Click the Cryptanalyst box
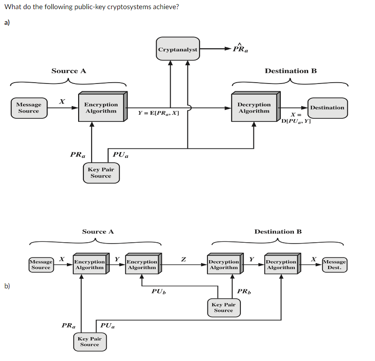(178, 49)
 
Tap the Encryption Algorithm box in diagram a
(101, 108)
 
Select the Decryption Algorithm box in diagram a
(254, 108)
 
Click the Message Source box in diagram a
(29, 108)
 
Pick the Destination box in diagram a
(327, 108)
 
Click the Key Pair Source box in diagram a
(101, 173)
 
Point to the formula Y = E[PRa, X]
(158, 113)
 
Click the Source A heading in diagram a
(69, 71)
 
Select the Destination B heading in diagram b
(278, 231)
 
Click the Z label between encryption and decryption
(183, 259)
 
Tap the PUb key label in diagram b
(158, 291)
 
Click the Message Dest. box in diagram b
(334, 264)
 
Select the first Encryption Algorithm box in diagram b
(89, 264)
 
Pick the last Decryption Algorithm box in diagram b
(280, 264)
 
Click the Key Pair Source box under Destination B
(224, 308)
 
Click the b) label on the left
(7, 286)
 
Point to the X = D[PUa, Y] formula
(296, 118)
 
